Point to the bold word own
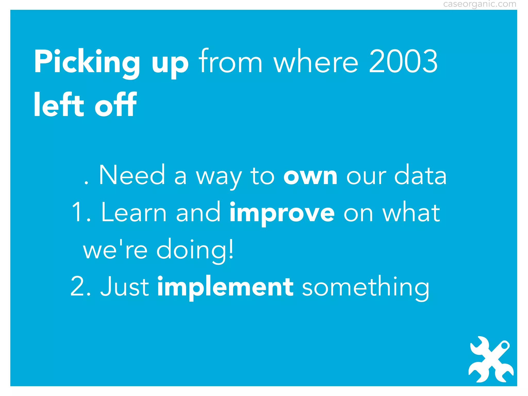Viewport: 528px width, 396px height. tap(310, 176)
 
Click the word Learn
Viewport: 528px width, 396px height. tap(134, 213)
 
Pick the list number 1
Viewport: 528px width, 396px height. tap(77, 213)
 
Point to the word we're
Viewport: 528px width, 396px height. tap(115, 250)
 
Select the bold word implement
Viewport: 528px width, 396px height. tap(225, 287)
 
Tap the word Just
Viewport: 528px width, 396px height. tap(125, 287)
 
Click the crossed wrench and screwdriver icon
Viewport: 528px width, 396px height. tap(491, 359)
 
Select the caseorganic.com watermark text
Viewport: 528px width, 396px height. tap(480, 4)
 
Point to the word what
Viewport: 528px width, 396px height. tap(411, 213)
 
